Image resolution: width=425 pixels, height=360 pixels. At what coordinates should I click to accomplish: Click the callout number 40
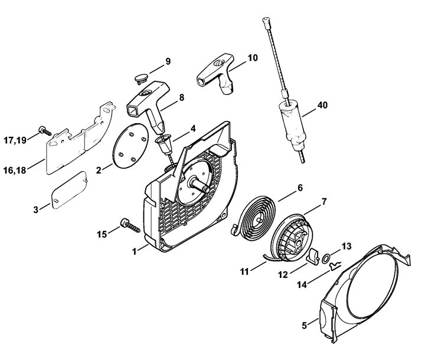coord(322,105)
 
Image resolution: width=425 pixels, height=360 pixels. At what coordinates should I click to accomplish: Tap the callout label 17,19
coord(15,140)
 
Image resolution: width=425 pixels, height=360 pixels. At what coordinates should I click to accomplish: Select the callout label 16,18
coord(15,170)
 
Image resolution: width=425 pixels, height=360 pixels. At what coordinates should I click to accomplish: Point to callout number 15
coord(102,234)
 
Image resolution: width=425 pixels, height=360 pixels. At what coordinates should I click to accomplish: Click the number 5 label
coord(304,325)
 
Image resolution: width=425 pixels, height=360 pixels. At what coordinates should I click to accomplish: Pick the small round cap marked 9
coord(141,78)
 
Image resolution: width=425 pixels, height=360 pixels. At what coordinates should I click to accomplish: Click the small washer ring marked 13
coord(326,259)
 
